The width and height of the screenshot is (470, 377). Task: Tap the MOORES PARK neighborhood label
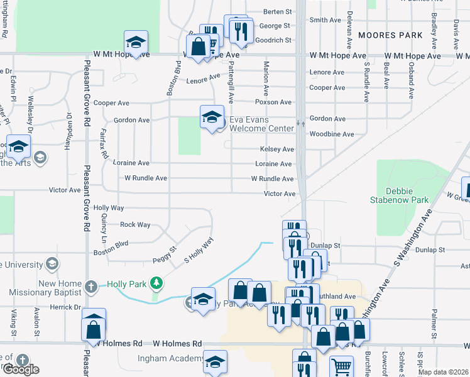[x=391, y=35]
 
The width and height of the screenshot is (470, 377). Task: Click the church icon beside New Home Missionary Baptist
[x=91, y=288]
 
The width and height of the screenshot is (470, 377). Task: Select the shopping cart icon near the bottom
[x=341, y=366]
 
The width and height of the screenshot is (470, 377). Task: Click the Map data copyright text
[x=442, y=372]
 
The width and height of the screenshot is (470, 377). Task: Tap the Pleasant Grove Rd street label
[x=87, y=195]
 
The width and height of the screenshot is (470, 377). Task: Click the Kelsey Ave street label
[x=277, y=150]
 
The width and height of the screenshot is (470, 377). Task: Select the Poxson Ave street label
[x=273, y=102]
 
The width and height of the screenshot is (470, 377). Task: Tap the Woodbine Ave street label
[x=332, y=134]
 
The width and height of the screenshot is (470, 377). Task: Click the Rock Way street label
[x=135, y=224]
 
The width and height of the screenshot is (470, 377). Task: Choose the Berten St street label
[x=278, y=11]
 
